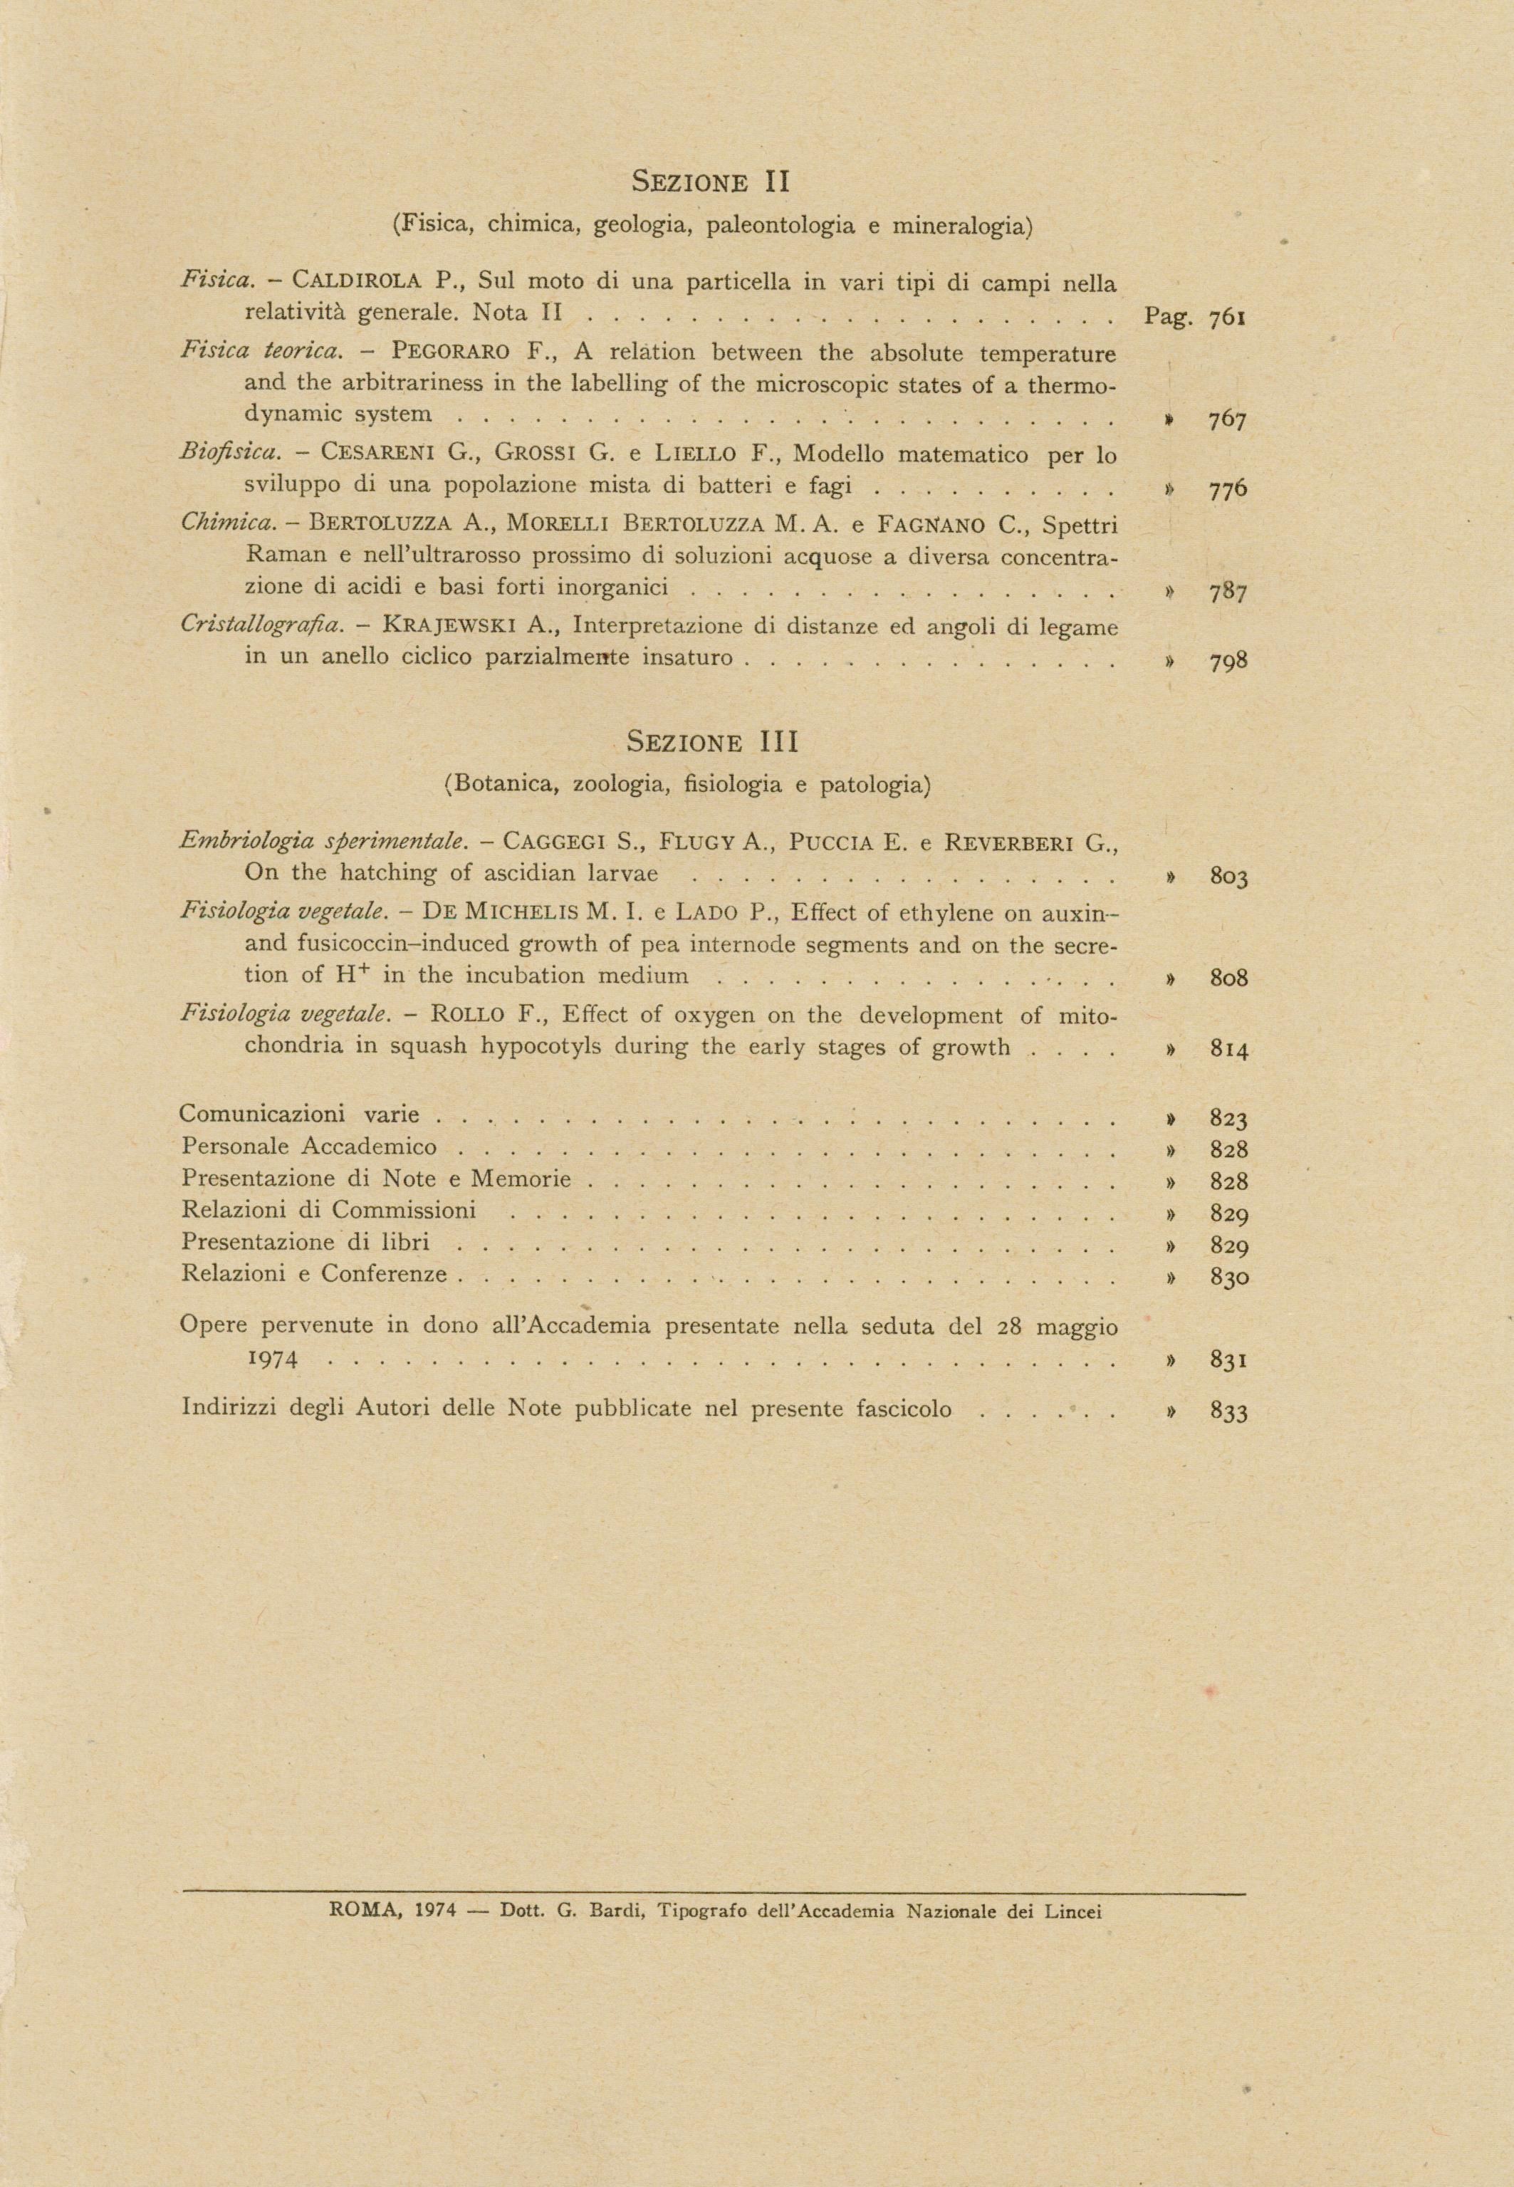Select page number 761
pyautogui.click(x=1228, y=318)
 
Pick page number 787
pyautogui.click(x=1228, y=593)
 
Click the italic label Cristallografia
pyautogui.click(x=261, y=627)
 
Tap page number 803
pyautogui.click(x=1228, y=877)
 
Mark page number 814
pyautogui.click(x=1228, y=1050)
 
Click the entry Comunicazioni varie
pyautogui.click(x=300, y=1115)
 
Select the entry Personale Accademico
pyautogui.click(x=309, y=1147)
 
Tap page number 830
pyautogui.click(x=1228, y=1278)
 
